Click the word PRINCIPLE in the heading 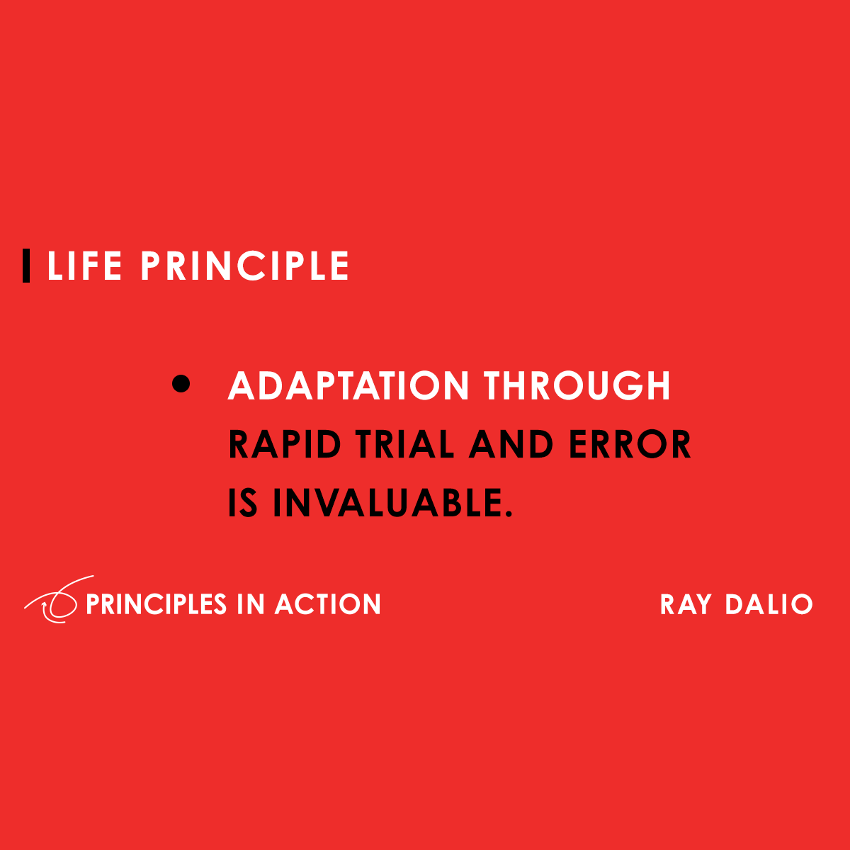click(x=244, y=266)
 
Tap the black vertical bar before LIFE click(x=26, y=266)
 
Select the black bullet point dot click(x=181, y=384)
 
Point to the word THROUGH click(x=577, y=386)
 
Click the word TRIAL click(x=404, y=445)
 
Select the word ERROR click(x=630, y=445)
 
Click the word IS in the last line click(x=243, y=503)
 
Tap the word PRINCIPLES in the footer click(x=156, y=604)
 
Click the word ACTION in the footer click(x=328, y=604)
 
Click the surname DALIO click(x=769, y=604)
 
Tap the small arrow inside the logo click(x=47, y=607)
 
